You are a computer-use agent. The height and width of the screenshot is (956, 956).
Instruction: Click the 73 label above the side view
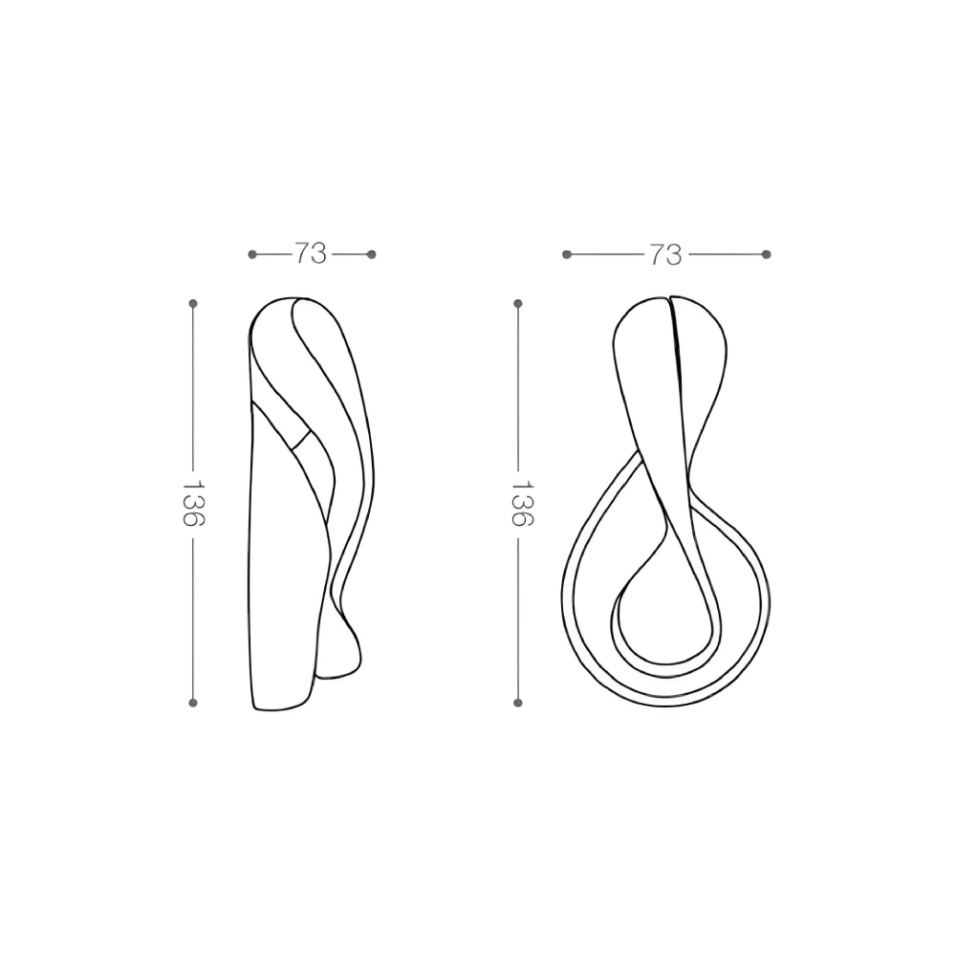(311, 253)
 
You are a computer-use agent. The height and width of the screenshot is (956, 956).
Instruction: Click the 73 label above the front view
(665, 254)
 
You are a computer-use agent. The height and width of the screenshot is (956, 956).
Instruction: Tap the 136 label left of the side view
(193, 504)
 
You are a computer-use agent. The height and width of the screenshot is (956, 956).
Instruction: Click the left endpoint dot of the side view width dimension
(252, 254)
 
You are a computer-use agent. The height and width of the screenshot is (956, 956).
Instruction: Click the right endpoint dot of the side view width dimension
(372, 254)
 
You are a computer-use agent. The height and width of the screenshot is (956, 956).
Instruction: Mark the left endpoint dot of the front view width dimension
(566, 254)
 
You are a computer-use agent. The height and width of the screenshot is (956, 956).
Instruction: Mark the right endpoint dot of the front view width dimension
(767, 254)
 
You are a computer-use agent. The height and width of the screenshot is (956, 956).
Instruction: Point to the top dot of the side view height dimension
(193, 303)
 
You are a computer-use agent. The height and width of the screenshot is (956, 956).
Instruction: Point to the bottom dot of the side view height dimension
(193, 703)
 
